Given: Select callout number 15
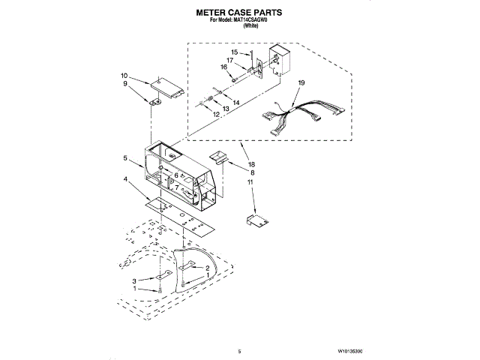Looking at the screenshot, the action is [234, 52].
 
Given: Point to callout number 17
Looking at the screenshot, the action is [230, 60].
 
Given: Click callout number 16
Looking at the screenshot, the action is [223, 67].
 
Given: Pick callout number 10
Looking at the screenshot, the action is [124, 76].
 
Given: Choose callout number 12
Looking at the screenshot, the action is [215, 114].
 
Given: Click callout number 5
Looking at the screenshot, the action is [127, 158].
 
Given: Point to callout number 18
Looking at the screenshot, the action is [252, 163].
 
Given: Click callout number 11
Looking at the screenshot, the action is [252, 182].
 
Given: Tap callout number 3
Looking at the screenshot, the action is [135, 280].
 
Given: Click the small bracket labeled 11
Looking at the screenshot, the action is [258, 220].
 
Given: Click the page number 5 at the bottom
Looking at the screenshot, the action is [238, 351].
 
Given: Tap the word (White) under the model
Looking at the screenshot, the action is [240, 27].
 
